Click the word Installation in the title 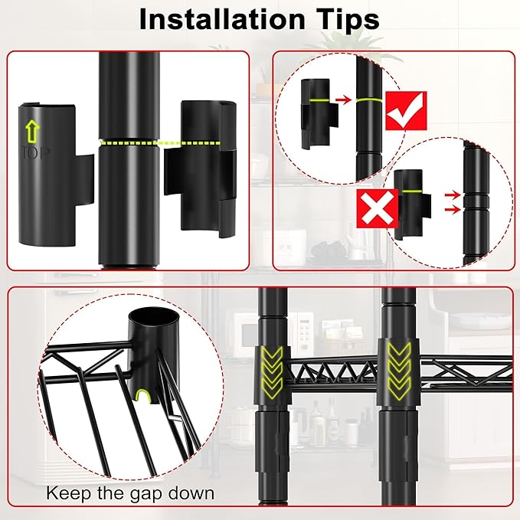[x=222, y=20]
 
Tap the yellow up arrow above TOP [x=32, y=131]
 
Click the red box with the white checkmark [x=406, y=111]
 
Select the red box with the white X [x=378, y=208]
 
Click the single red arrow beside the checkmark [x=343, y=99]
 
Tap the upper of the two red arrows [x=453, y=195]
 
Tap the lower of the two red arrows [x=453, y=209]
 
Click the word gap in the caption [x=146, y=494]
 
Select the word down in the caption [x=191, y=492]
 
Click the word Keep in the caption [x=68, y=493]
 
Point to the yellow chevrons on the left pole [x=272, y=372]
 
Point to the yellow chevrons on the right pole [x=399, y=371]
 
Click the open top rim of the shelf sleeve [x=154, y=318]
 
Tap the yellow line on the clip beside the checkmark [x=319, y=100]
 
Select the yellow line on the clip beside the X [x=411, y=191]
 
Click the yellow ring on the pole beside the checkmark [x=369, y=100]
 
